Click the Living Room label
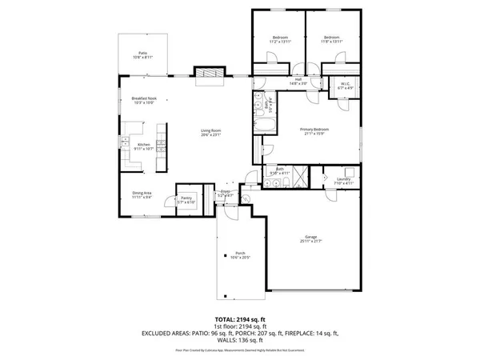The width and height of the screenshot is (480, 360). point(210,131)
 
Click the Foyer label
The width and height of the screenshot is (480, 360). point(227,192)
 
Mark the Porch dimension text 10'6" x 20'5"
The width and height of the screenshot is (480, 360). point(240,258)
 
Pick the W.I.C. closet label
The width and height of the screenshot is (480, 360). point(346,84)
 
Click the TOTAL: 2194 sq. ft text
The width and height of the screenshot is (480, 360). point(239,319)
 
